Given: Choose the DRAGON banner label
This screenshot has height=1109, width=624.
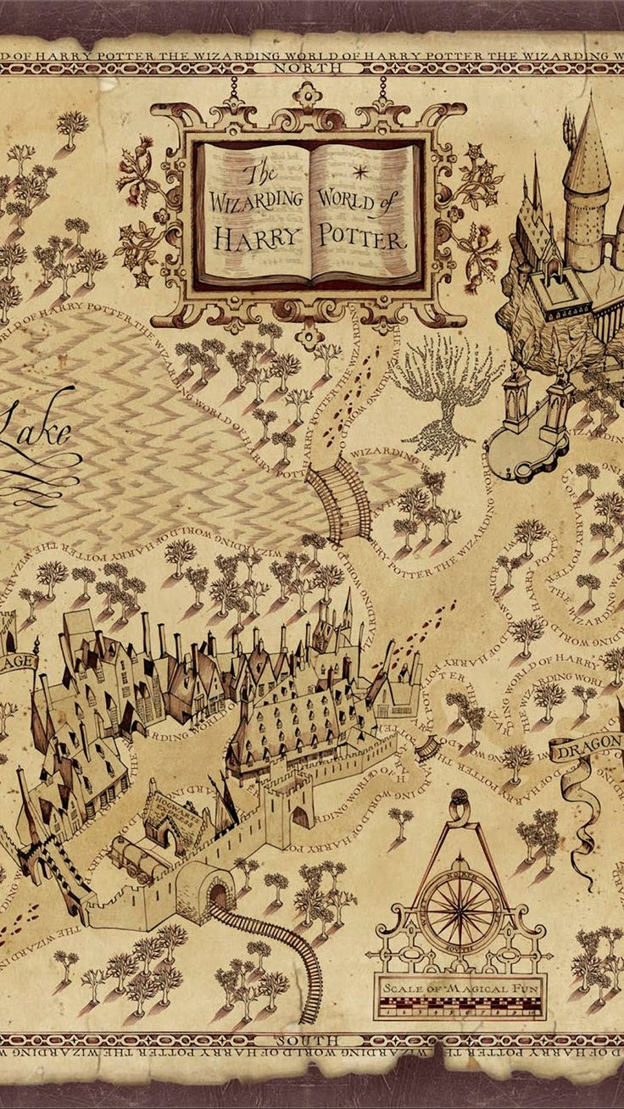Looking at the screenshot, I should [x=591, y=749].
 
